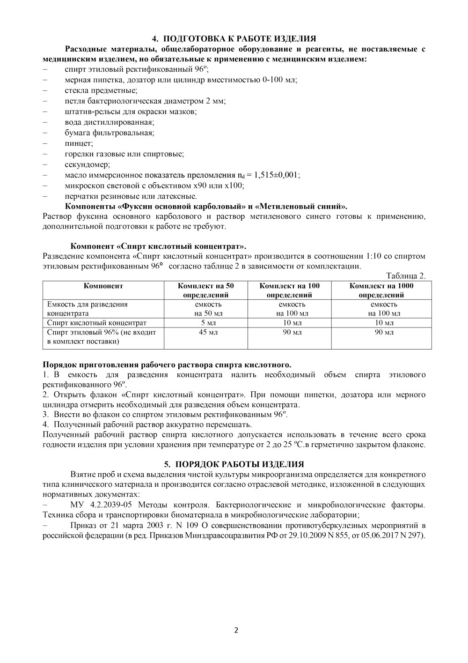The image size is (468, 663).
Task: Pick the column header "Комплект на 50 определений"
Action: [x=205, y=290]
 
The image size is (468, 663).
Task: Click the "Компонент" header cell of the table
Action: [x=103, y=285]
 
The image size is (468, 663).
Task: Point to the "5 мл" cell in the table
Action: [x=205, y=323]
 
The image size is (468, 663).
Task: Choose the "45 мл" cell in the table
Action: [x=205, y=332]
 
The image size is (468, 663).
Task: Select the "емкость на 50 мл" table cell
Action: [x=205, y=309]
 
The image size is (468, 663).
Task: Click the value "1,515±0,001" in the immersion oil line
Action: [x=276, y=175]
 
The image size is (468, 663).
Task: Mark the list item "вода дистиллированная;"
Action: [x=110, y=122]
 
